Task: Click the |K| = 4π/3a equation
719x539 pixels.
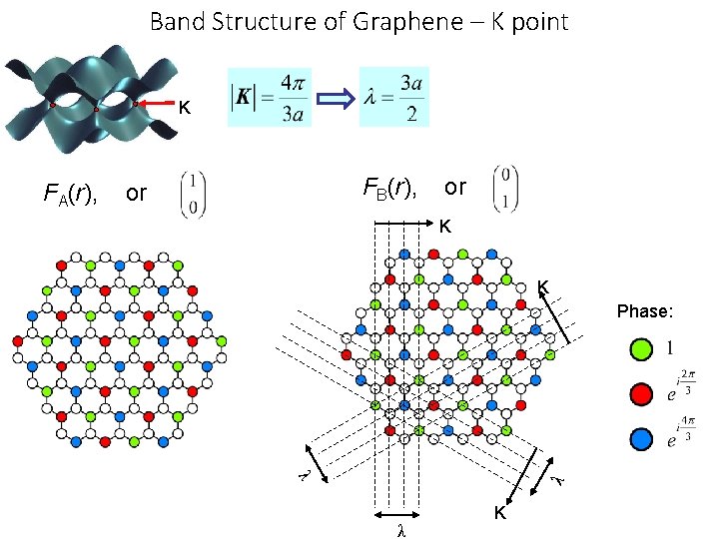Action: [270, 97]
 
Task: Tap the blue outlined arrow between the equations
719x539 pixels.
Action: [335, 98]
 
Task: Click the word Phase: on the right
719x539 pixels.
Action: [645, 311]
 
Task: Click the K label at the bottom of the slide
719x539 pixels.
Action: [500, 514]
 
